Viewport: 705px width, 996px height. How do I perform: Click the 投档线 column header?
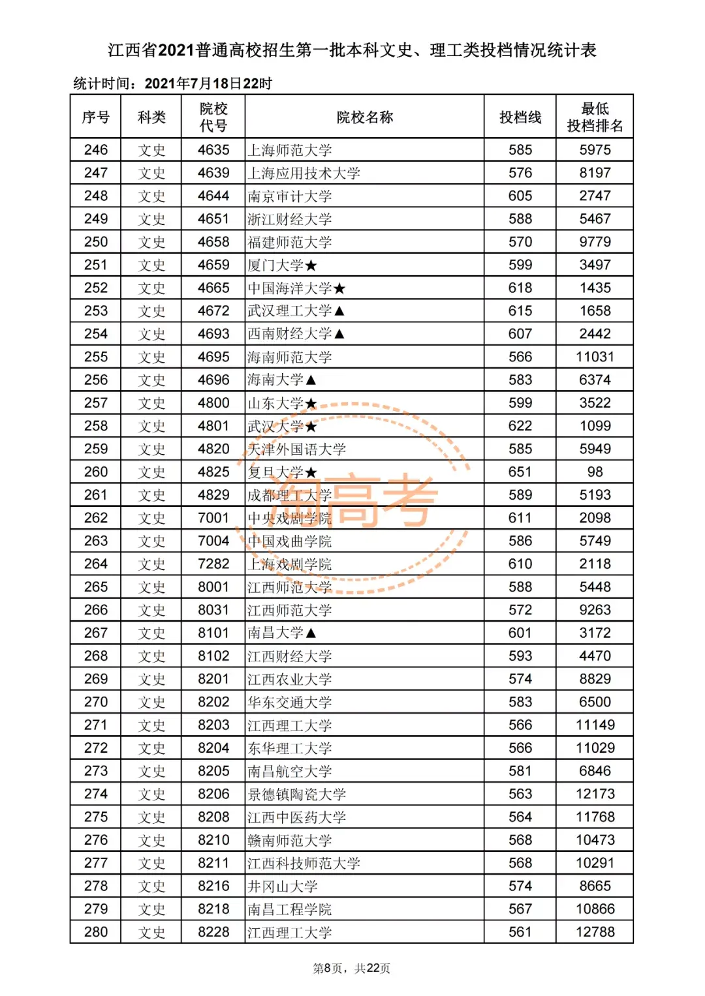click(520, 117)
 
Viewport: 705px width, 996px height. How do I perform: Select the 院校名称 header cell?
click(364, 117)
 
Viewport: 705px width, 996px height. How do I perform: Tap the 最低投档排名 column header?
click(595, 117)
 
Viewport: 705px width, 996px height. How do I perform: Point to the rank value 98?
click(595, 472)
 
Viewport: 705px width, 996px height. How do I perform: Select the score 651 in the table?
click(520, 472)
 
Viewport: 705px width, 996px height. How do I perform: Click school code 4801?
click(213, 426)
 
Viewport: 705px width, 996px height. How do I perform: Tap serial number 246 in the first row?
click(96, 150)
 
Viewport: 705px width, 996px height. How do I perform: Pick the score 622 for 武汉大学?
click(520, 426)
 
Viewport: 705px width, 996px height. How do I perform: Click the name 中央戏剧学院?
click(289, 519)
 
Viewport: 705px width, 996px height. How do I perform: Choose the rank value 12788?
click(595, 932)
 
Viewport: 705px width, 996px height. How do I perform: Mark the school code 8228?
click(213, 932)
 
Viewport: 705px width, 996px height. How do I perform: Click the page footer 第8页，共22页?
click(352, 969)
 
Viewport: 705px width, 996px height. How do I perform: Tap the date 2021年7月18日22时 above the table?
click(208, 83)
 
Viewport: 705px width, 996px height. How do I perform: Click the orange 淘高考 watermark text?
click(352, 501)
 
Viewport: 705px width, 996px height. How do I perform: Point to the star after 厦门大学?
click(311, 265)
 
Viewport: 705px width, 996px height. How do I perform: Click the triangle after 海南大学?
click(311, 380)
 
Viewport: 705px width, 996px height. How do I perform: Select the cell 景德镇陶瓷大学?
click(296, 794)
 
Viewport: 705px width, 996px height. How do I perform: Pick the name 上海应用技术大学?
click(304, 174)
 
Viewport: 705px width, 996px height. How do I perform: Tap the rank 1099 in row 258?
click(595, 426)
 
